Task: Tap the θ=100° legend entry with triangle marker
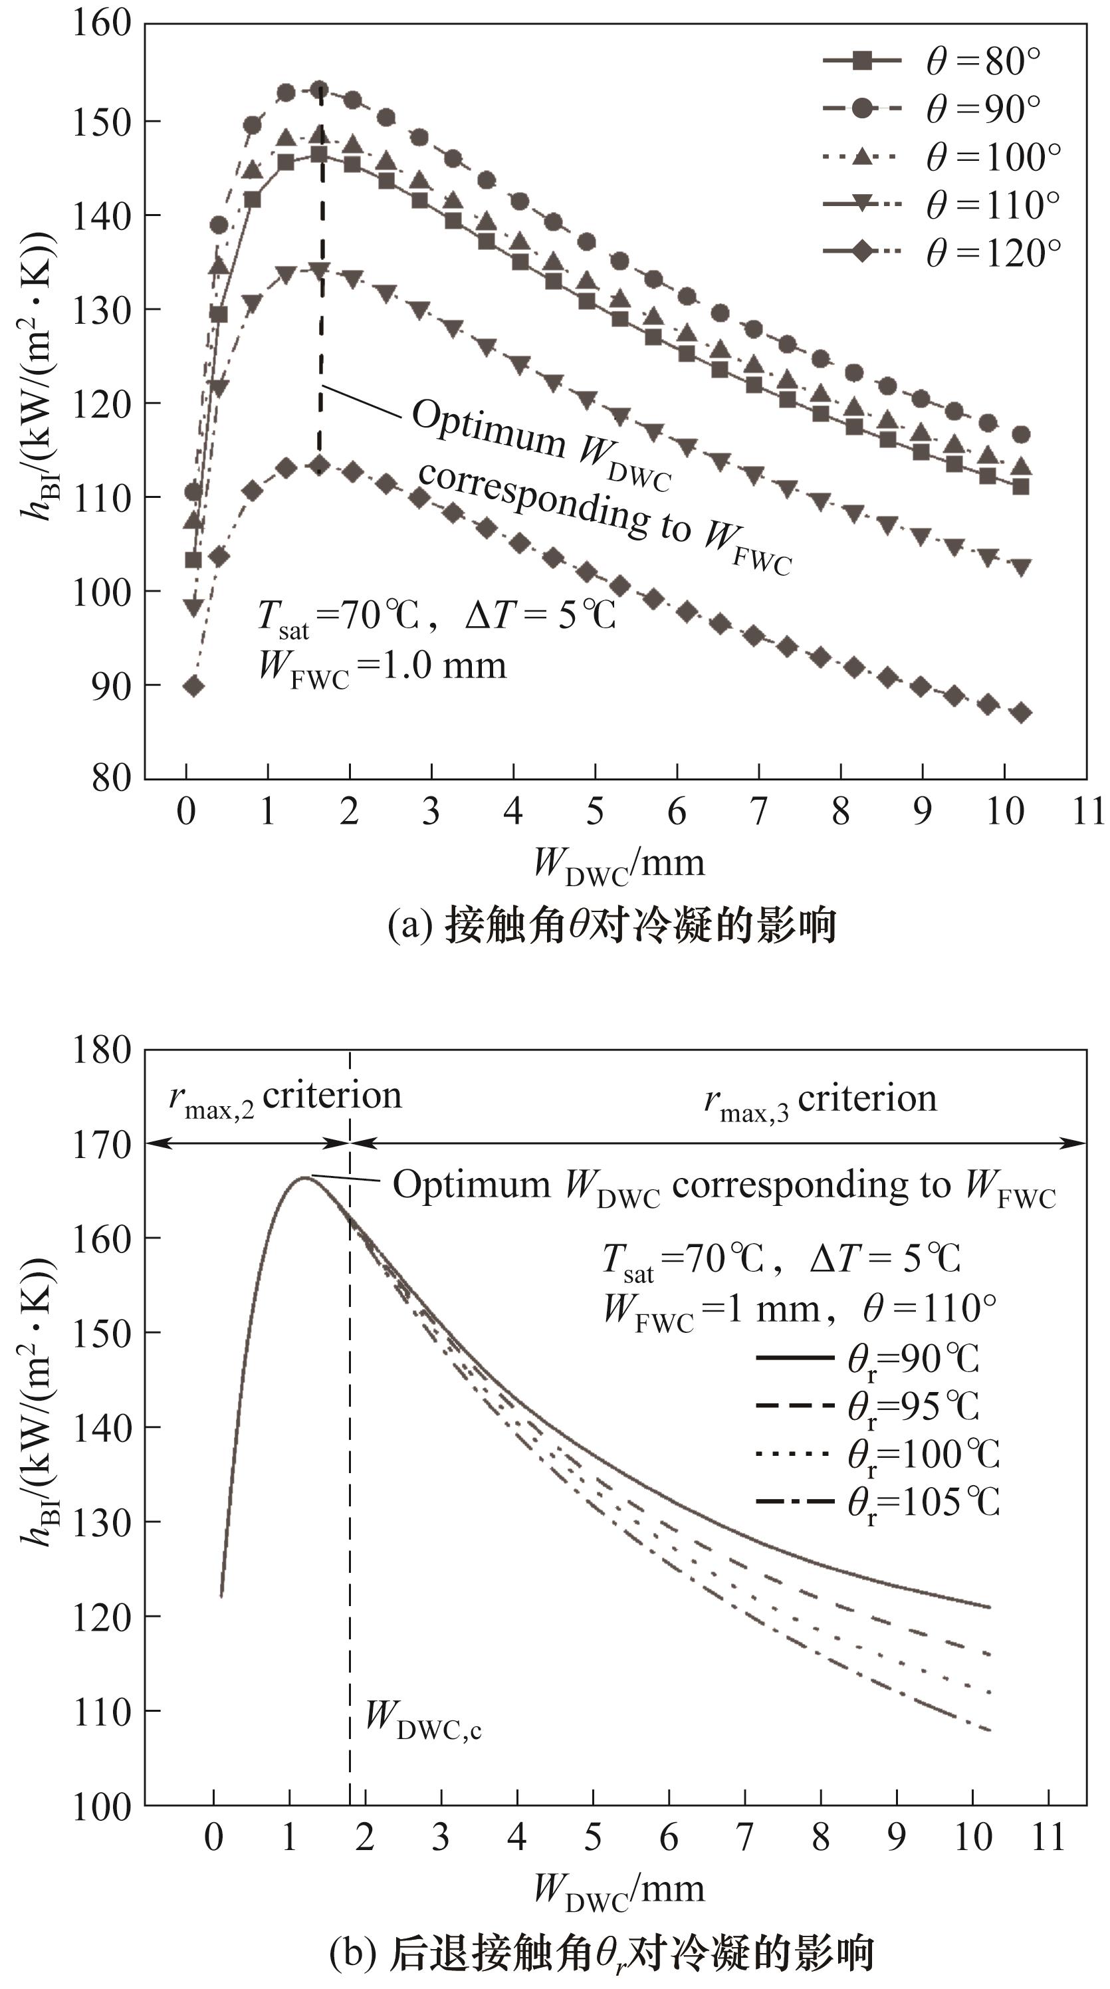tap(942, 156)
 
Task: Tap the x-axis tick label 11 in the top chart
tap(1087, 811)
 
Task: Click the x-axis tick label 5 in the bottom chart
tap(592, 1837)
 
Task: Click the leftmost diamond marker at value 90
tap(193, 685)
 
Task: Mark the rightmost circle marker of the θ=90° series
tap(1020, 435)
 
